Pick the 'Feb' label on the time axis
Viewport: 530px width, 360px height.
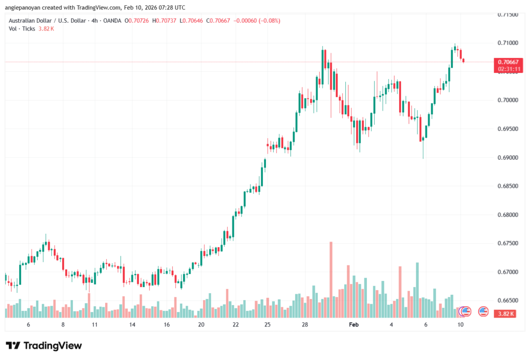click(354, 324)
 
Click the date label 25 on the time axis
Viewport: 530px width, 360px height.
click(267, 324)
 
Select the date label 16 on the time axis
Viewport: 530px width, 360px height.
click(167, 324)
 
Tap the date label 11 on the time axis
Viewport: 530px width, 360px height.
click(95, 324)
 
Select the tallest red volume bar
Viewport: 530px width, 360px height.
click(331, 279)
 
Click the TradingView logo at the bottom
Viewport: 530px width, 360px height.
click(44, 346)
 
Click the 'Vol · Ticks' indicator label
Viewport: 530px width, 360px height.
click(22, 28)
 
